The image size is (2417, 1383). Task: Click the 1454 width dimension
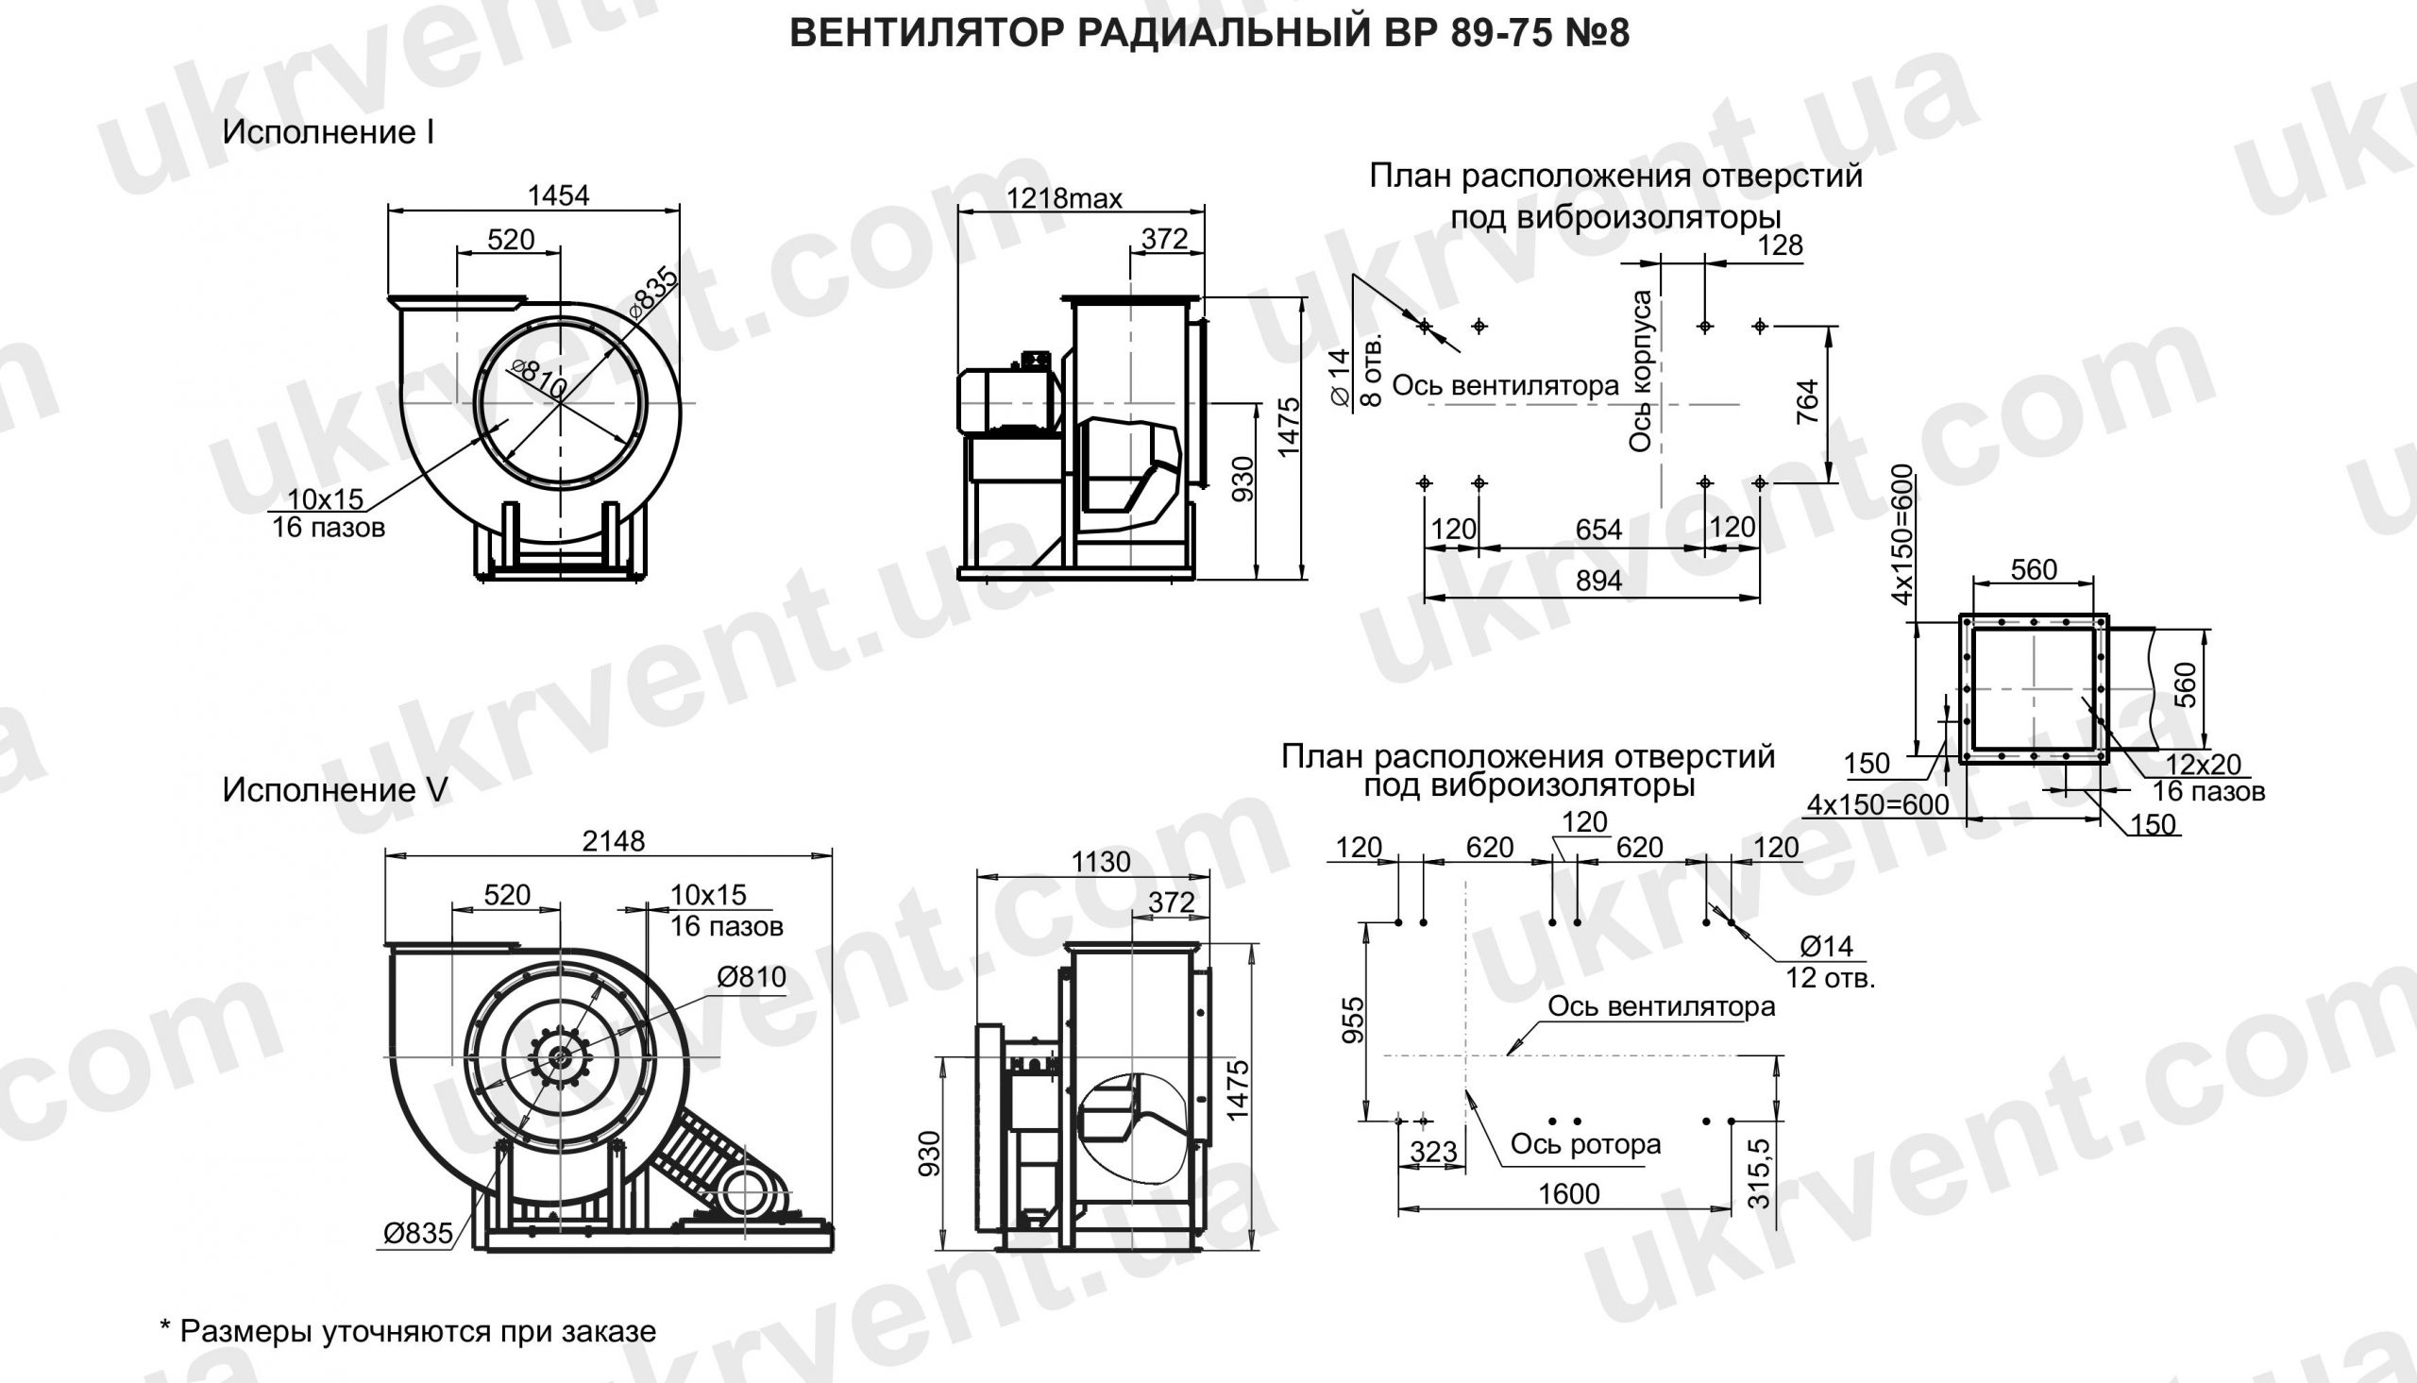(x=558, y=195)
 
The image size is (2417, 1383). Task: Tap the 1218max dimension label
(x=1064, y=198)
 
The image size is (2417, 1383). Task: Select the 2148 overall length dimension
(x=614, y=841)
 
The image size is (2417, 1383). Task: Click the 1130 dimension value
(x=1101, y=863)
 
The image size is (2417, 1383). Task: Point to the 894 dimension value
(x=1598, y=582)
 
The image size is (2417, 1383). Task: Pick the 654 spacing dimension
(x=1598, y=530)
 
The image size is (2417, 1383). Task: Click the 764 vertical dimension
(x=1807, y=402)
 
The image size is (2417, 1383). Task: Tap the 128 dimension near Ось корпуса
(x=1779, y=246)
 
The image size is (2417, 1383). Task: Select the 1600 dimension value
(x=1569, y=1194)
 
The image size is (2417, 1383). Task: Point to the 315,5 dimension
(x=1759, y=1174)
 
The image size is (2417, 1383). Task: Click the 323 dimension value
(x=1433, y=1152)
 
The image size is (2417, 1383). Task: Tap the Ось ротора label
(x=1585, y=1144)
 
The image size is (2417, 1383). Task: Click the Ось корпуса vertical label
(x=1640, y=370)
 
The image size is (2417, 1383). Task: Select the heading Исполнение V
(x=334, y=790)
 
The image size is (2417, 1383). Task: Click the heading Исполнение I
(x=328, y=133)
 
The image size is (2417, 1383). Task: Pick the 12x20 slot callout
(x=2203, y=765)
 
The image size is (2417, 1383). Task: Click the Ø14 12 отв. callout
(x=1828, y=961)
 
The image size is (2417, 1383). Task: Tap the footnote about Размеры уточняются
(x=409, y=1332)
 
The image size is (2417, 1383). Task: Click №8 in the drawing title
(x=1596, y=34)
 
